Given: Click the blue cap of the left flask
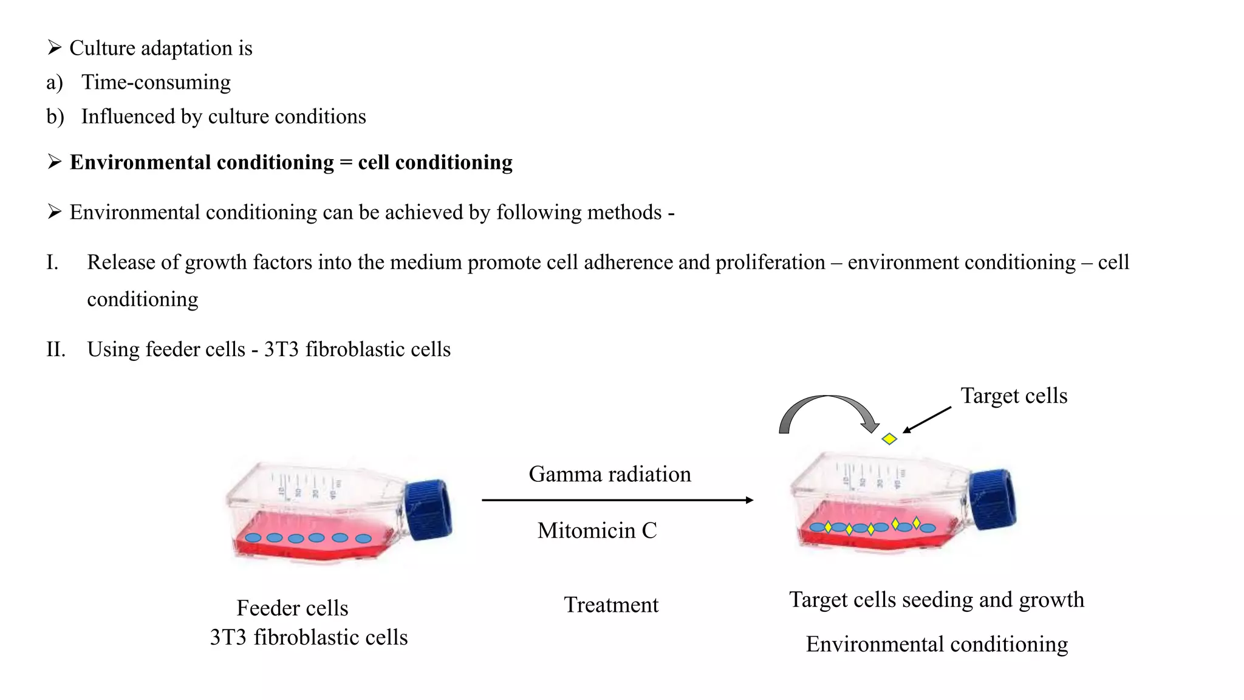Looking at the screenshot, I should coord(429,509).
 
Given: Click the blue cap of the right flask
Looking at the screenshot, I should coord(993,499).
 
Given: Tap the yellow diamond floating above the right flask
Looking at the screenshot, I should coord(889,439).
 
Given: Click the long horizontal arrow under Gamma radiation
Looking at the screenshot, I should coord(617,500).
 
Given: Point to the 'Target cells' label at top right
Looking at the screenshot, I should coord(1014,396).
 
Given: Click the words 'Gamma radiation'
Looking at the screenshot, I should coord(610,474).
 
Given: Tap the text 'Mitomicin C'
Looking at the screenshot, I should coord(597,530).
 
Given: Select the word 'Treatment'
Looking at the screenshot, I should coord(611,605).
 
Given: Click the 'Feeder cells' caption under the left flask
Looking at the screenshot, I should coord(292,608).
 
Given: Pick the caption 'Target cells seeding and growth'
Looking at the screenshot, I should coord(936,600).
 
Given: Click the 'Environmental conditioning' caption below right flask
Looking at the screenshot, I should coord(937,644).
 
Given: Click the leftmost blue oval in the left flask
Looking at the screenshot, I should coord(253,538).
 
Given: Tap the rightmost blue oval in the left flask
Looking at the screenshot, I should coord(363,538).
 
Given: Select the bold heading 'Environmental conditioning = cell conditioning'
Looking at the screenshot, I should coord(291,162).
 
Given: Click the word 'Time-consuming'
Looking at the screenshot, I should coord(156,82).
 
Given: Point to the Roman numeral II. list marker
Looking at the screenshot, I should coord(56,349).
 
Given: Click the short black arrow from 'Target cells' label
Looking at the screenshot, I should coord(927,420).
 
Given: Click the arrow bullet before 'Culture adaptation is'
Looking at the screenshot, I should coord(55,47).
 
